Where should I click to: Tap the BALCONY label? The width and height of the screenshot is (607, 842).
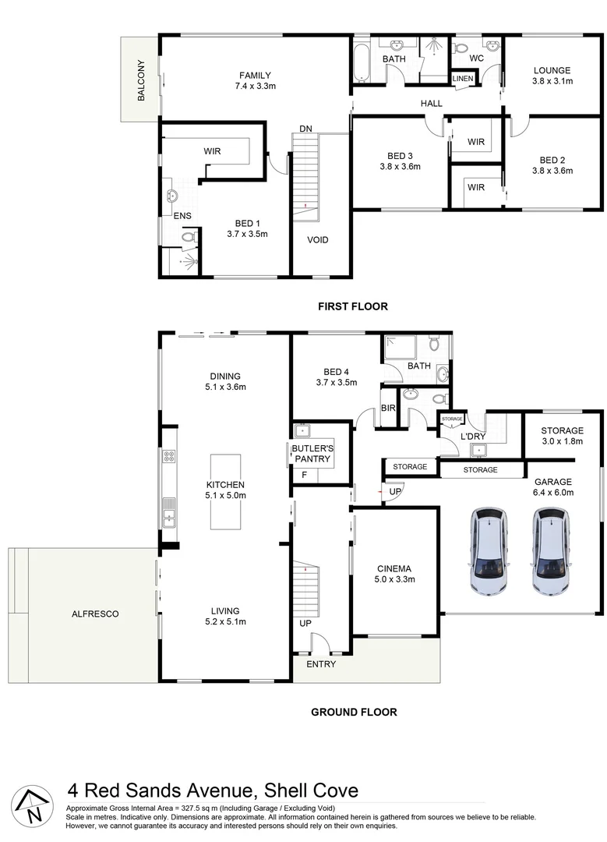click(141, 80)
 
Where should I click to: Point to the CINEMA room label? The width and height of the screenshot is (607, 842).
click(393, 568)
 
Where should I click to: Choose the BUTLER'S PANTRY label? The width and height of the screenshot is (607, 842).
click(312, 455)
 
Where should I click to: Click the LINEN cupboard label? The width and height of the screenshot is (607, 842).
click(463, 79)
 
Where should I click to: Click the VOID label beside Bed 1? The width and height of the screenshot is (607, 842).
click(318, 239)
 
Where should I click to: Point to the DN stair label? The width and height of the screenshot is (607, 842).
click(306, 129)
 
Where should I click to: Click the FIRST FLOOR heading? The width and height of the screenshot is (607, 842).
click(352, 306)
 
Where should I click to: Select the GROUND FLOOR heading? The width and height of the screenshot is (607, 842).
click(354, 712)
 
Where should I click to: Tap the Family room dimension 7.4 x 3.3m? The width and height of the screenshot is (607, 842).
click(254, 87)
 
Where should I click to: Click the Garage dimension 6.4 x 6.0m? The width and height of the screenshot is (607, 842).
click(552, 493)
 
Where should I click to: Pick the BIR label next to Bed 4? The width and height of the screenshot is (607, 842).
click(387, 409)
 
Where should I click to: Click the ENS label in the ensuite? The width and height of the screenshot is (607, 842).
click(183, 216)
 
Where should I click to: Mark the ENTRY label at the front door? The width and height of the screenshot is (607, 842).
click(321, 664)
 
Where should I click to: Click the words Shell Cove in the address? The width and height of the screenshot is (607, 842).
click(312, 791)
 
